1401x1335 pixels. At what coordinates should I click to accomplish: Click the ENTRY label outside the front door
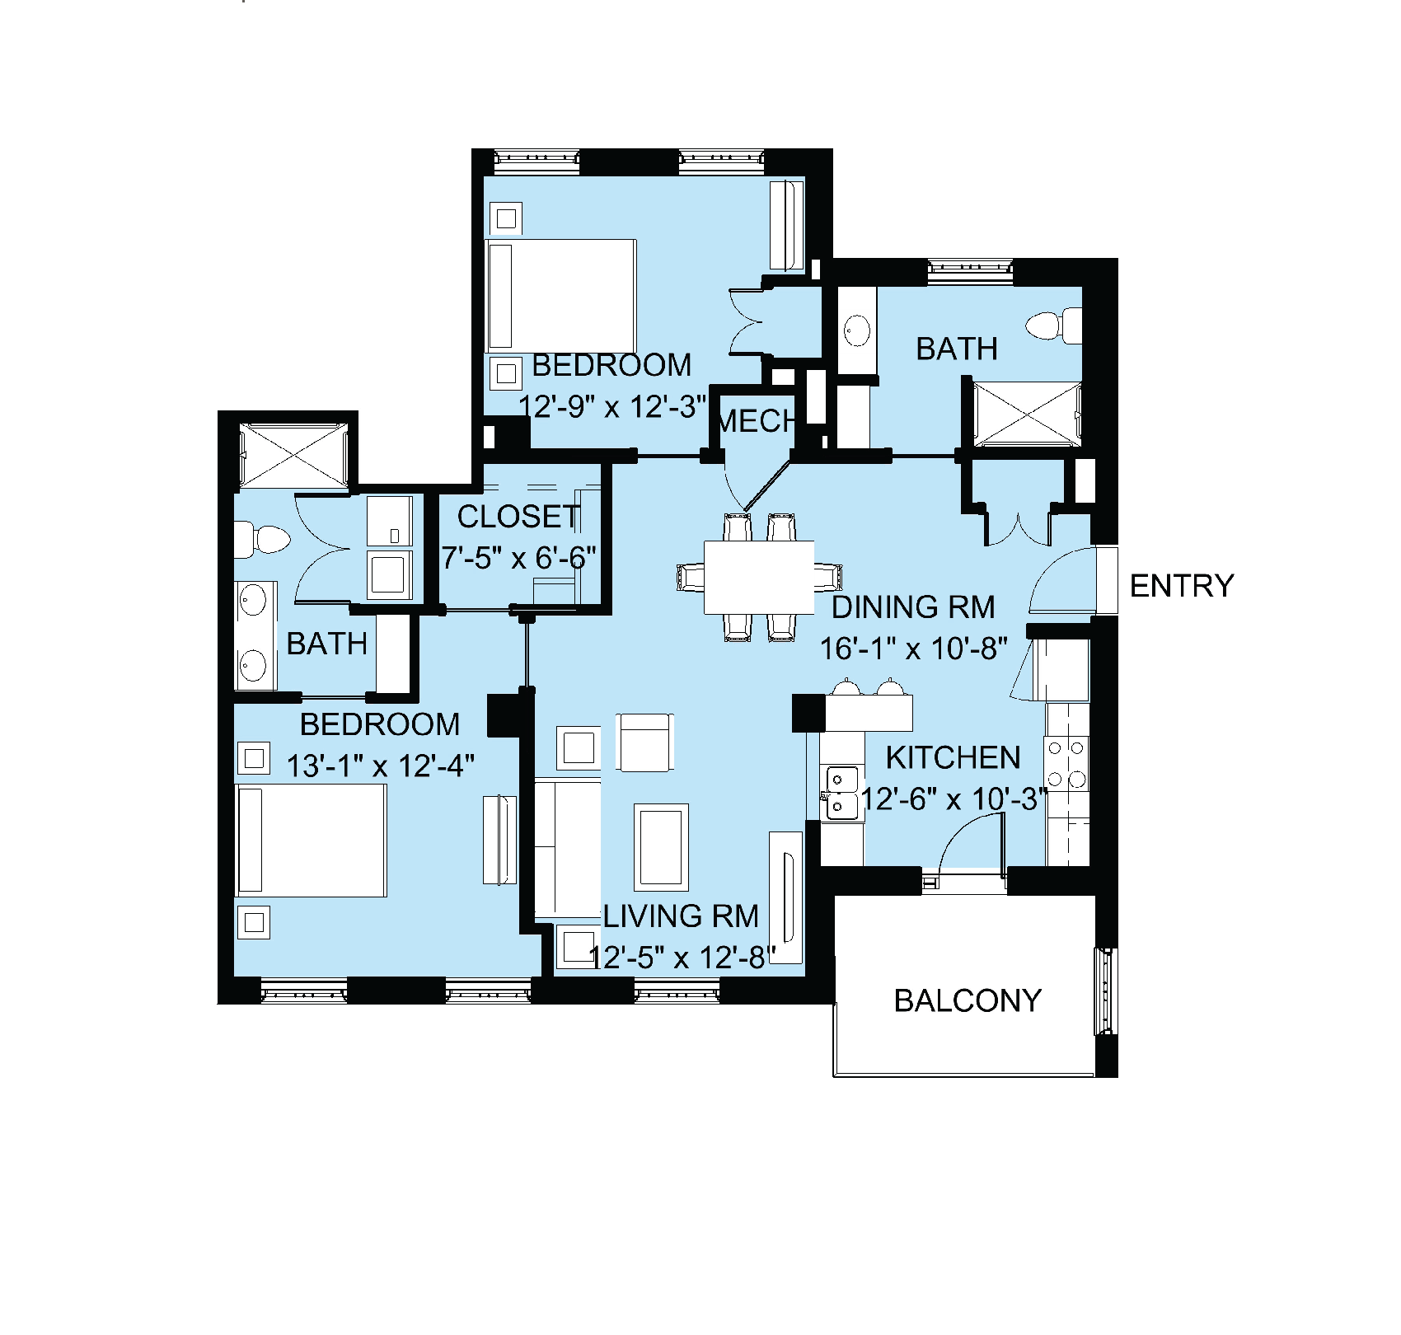[x=1182, y=586]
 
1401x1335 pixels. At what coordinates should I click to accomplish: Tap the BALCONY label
[x=968, y=1000]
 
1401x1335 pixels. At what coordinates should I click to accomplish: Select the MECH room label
[x=756, y=421]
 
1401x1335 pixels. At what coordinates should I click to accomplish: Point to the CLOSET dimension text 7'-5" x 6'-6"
[x=518, y=558]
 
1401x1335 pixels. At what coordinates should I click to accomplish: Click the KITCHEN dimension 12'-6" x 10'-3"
[x=954, y=799]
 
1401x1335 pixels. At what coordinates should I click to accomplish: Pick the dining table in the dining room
[x=759, y=577]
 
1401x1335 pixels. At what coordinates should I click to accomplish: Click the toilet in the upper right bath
[x=1054, y=325]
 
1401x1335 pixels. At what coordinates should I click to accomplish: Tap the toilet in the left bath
[x=262, y=540]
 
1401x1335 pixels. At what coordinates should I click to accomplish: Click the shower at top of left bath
[x=293, y=455]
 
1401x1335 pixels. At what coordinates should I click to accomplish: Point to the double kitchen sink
[x=841, y=792]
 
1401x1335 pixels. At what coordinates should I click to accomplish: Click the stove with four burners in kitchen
[x=1067, y=763]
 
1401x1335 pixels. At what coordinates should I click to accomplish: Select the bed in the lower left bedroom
[x=312, y=840]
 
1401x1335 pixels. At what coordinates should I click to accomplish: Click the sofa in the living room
[x=568, y=849]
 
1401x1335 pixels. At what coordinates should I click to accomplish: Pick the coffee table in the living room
[x=661, y=847]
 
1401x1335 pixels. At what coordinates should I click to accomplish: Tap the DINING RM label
[x=913, y=607]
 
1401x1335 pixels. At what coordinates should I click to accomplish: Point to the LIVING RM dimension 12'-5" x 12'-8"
[x=682, y=958]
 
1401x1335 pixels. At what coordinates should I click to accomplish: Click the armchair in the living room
[x=644, y=742]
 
